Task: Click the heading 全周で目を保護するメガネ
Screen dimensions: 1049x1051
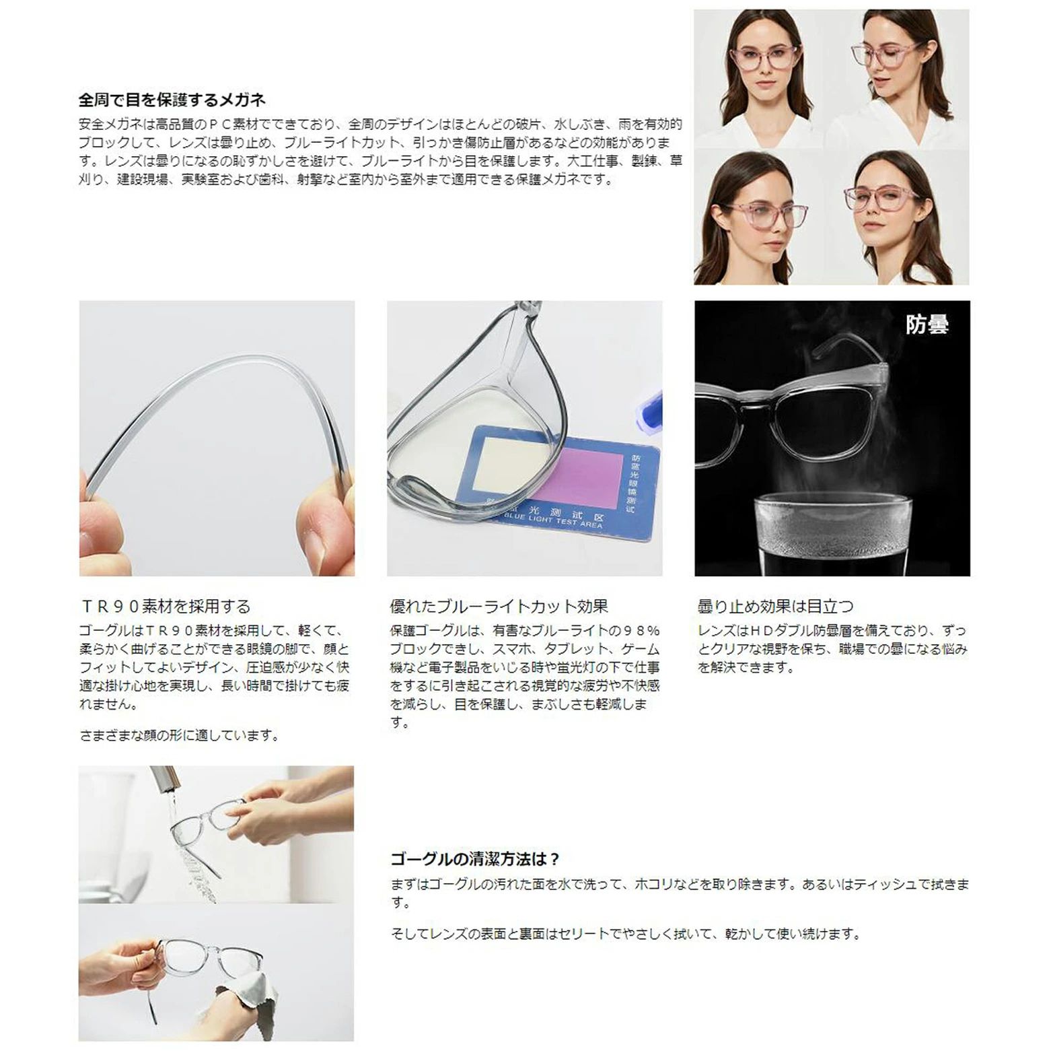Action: click(x=172, y=100)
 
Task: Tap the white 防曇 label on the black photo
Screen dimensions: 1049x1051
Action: click(x=927, y=325)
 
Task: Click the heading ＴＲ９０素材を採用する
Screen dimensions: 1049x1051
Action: click(x=165, y=606)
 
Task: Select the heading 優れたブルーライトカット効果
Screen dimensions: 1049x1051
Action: click(x=499, y=606)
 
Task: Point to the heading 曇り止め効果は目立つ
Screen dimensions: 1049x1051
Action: click(x=775, y=606)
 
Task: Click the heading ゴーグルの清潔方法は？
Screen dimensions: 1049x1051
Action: click(x=475, y=859)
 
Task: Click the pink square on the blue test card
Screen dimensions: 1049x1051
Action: click(x=585, y=479)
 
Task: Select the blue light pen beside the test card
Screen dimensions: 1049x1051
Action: click(x=646, y=415)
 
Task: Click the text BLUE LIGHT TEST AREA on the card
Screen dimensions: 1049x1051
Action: click(x=553, y=520)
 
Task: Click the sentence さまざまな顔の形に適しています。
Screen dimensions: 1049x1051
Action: click(x=180, y=735)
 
